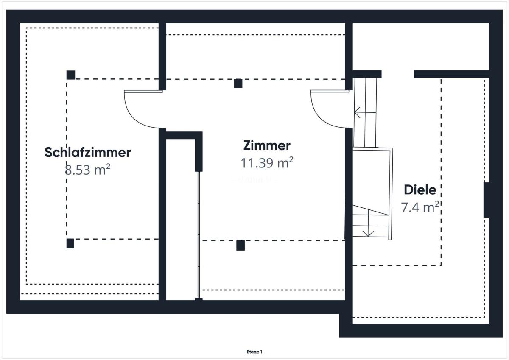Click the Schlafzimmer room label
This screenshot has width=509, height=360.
point(87,152)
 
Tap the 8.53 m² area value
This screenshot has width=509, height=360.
point(88,170)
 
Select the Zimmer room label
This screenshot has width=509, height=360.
point(267,145)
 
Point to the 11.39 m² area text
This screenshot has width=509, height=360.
point(267,163)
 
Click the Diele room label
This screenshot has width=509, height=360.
point(420,190)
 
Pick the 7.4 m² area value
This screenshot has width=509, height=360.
point(420,207)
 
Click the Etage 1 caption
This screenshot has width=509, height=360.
point(255,352)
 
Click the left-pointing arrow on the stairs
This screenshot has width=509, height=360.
point(365,112)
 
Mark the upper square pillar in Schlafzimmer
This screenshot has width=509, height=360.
point(71,75)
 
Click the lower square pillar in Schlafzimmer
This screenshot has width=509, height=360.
point(70,243)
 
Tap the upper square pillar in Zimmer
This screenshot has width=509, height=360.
point(238,84)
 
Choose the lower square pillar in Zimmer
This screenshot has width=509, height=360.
point(241,245)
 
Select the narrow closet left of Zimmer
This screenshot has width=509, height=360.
point(181,219)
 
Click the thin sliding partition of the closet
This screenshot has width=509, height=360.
point(199,235)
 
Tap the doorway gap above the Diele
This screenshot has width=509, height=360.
point(398,74)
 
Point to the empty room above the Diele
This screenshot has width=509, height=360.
point(421,47)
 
